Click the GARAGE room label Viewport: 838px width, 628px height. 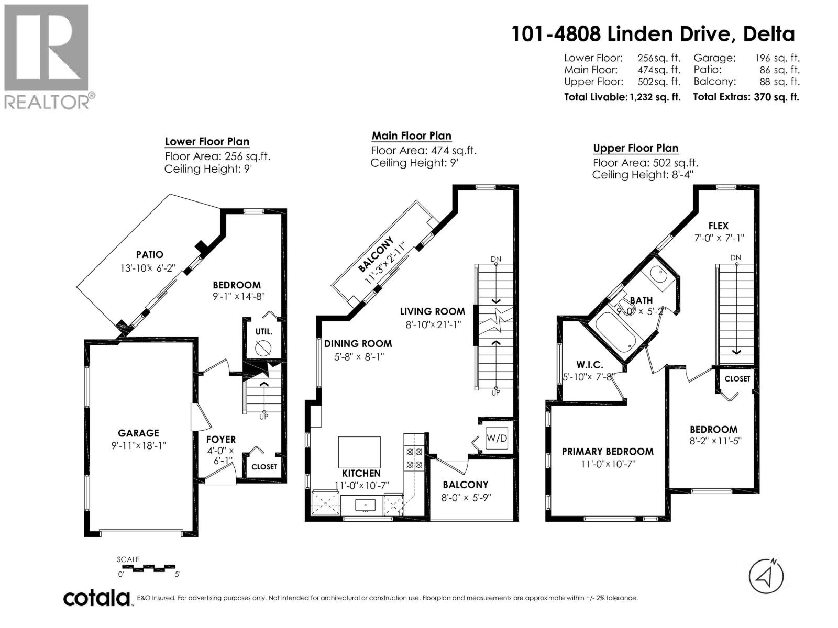(x=138, y=433)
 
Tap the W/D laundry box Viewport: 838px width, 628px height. (x=496, y=438)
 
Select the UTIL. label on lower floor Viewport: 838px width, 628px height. (x=263, y=331)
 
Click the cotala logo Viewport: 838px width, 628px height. (x=97, y=598)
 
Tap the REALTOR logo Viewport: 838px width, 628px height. (x=48, y=57)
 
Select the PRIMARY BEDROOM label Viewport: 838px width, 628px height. (x=608, y=451)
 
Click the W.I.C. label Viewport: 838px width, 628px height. (x=590, y=364)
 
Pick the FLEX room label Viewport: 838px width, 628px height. (x=718, y=226)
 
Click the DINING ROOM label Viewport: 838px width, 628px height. (x=358, y=343)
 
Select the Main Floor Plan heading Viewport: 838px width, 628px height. (x=411, y=136)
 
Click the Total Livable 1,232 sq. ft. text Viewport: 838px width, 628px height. (x=622, y=97)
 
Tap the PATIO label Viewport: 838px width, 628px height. (x=149, y=254)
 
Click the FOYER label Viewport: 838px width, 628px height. (x=220, y=439)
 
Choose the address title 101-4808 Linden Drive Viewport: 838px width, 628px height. (x=653, y=34)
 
